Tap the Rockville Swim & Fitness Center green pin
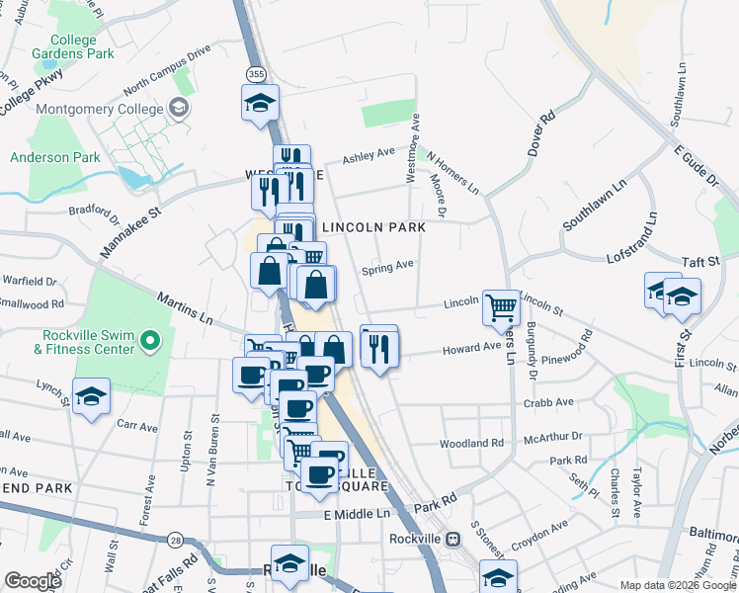coord(150,342)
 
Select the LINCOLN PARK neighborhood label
coord(374,227)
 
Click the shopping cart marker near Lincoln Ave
coord(501,307)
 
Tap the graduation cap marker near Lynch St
coord(92,397)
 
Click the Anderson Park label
coord(55,157)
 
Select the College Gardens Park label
coord(67,46)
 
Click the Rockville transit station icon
coord(453,540)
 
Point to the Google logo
coord(33,580)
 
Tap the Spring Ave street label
coord(387,267)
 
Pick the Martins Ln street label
coord(186,304)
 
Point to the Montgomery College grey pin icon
coord(179,108)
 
